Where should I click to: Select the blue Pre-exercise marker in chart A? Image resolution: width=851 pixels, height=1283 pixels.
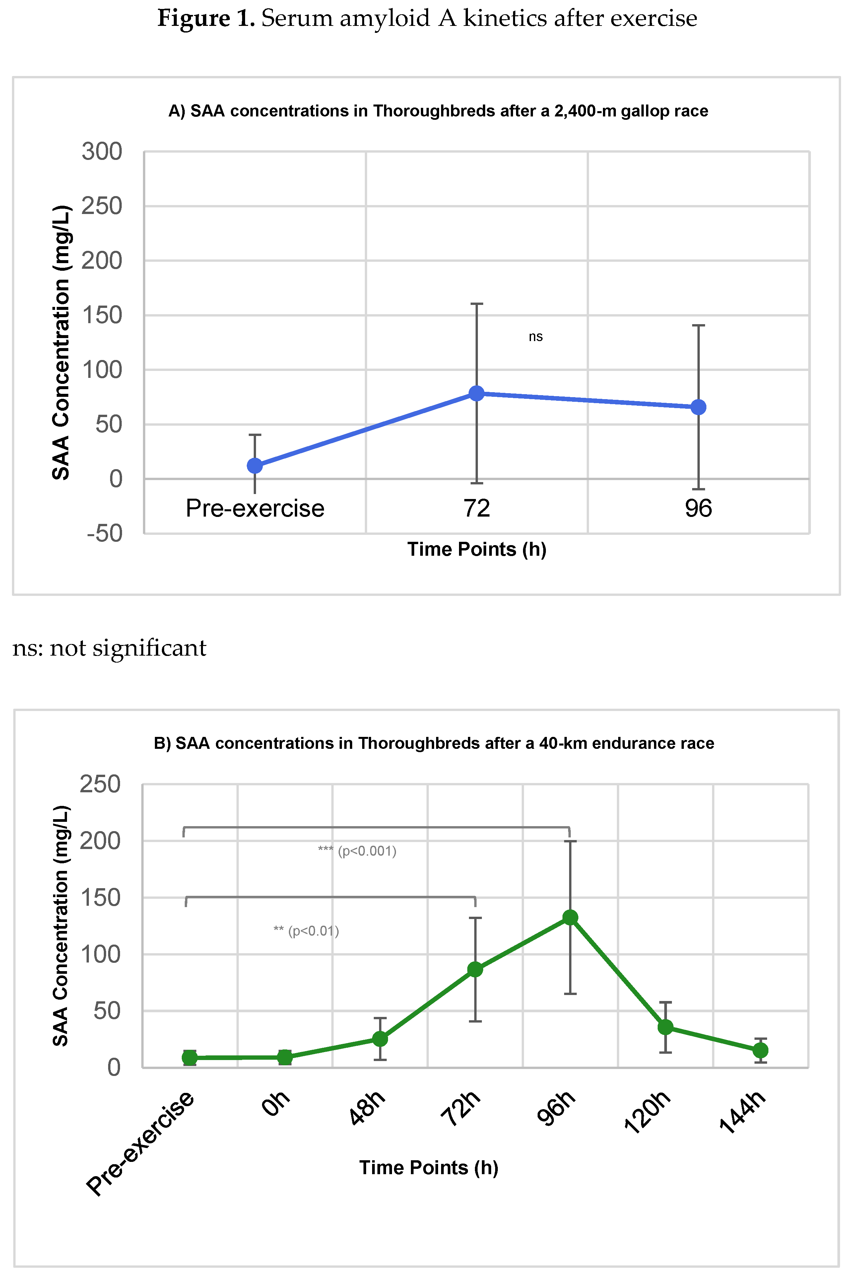click(x=255, y=465)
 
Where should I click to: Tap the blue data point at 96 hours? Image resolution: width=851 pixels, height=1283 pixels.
click(x=698, y=407)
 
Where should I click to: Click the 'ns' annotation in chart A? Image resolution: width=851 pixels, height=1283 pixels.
click(x=535, y=337)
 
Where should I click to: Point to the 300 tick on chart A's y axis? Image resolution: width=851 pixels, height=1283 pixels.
click(x=102, y=152)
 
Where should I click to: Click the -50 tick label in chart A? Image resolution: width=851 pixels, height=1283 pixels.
click(x=105, y=533)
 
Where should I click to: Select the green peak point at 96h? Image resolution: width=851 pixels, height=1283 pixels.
click(x=570, y=918)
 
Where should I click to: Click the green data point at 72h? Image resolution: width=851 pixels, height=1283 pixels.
click(x=475, y=969)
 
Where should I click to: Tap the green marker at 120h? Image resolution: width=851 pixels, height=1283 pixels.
click(x=665, y=1027)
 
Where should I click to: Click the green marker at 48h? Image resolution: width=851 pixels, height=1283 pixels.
click(x=380, y=1039)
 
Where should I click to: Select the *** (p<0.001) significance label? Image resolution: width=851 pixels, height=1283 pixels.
click(x=357, y=851)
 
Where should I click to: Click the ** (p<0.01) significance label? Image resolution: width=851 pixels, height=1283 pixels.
click(x=306, y=931)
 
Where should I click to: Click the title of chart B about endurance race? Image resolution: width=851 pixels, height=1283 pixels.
click(x=434, y=743)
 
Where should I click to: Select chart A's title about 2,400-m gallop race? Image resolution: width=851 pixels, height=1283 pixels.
click(x=438, y=111)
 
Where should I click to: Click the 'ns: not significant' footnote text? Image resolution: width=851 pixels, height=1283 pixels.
click(x=109, y=648)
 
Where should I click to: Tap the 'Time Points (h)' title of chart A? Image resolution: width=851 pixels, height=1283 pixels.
click(x=477, y=549)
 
